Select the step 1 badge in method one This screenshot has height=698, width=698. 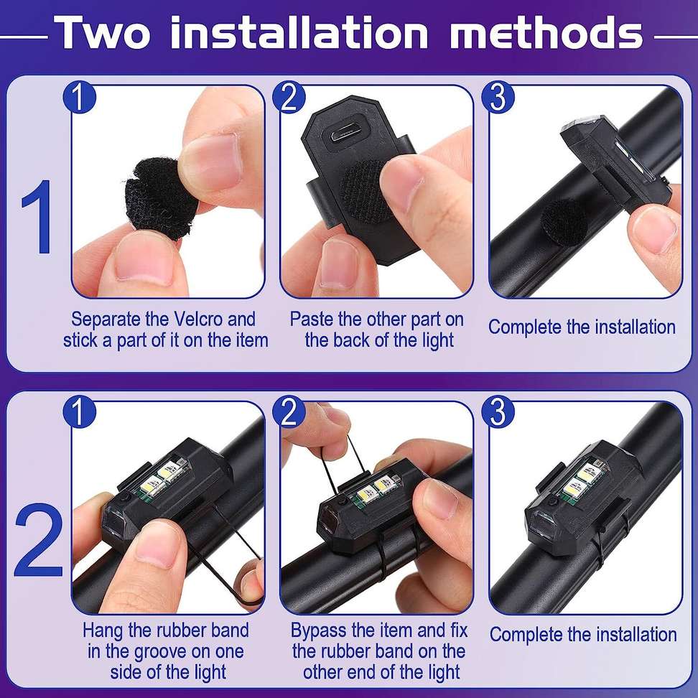click(78, 98)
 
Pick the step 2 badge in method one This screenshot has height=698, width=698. click(289, 98)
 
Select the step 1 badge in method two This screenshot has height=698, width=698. click(78, 412)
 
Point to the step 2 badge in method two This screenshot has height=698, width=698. click(289, 412)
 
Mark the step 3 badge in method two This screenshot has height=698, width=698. click(498, 412)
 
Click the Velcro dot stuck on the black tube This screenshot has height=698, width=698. click(564, 218)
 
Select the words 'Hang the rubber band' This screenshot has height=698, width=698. click(165, 631)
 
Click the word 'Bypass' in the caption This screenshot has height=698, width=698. click(320, 631)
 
